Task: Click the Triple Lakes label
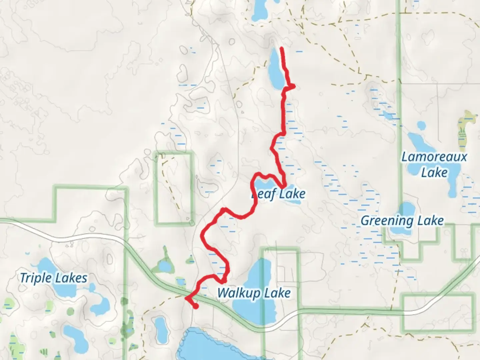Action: (x=53, y=278)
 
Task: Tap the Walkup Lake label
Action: (x=254, y=293)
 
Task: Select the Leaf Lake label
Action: (x=278, y=194)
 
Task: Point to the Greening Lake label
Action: (x=402, y=220)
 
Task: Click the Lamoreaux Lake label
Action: (x=434, y=164)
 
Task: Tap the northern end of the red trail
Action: (x=282, y=49)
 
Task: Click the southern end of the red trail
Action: (x=196, y=306)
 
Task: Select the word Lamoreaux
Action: (x=434, y=157)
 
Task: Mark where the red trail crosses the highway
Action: (x=188, y=297)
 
